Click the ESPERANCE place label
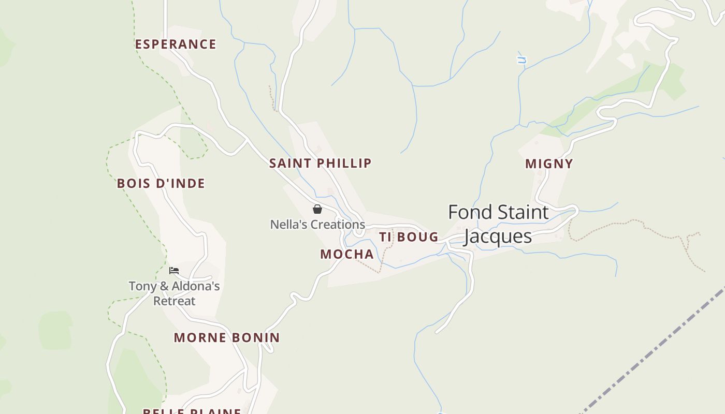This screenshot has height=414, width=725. (x=176, y=45)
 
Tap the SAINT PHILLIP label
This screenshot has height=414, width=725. (x=320, y=163)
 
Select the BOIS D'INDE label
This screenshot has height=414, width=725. (x=161, y=183)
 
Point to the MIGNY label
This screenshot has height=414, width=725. (x=549, y=164)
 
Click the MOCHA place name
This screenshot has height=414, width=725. (x=347, y=254)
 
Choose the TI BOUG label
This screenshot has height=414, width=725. (x=409, y=237)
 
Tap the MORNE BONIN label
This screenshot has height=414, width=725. (x=227, y=338)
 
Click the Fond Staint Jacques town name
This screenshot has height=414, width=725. (x=498, y=224)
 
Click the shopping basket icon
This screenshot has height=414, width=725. (x=317, y=209)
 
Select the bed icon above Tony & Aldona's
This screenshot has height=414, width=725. (x=174, y=270)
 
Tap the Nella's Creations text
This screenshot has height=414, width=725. (x=317, y=225)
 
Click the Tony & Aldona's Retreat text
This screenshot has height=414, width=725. (x=175, y=293)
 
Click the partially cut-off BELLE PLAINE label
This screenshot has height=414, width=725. (x=192, y=411)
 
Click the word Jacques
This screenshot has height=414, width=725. (x=498, y=236)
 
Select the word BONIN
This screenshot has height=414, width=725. (x=254, y=338)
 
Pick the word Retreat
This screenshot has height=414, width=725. (x=175, y=301)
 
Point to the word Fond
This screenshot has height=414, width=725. (x=468, y=212)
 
